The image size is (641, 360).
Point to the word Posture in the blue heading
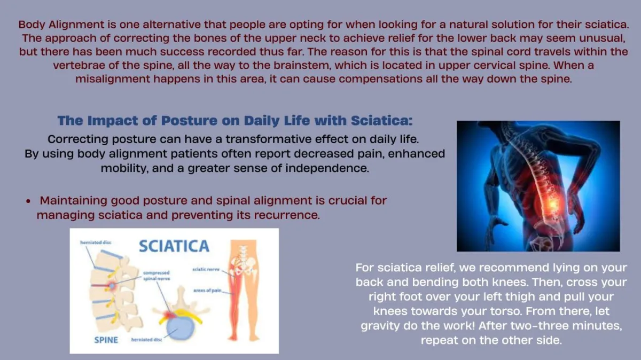(x=189, y=121)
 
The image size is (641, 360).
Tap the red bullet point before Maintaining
(x=28, y=201)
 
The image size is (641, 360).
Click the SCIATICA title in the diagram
(x=174, y=246)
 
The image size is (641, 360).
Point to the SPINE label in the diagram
(x=106, y=340)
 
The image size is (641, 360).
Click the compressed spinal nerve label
(x=157, y=276)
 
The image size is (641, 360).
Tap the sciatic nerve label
(x=206, y=269)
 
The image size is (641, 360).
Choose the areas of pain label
(x=207, y=291)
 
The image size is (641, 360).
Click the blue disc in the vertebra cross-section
(x=180, y=328)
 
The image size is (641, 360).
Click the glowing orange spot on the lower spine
(x=552, y=204)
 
